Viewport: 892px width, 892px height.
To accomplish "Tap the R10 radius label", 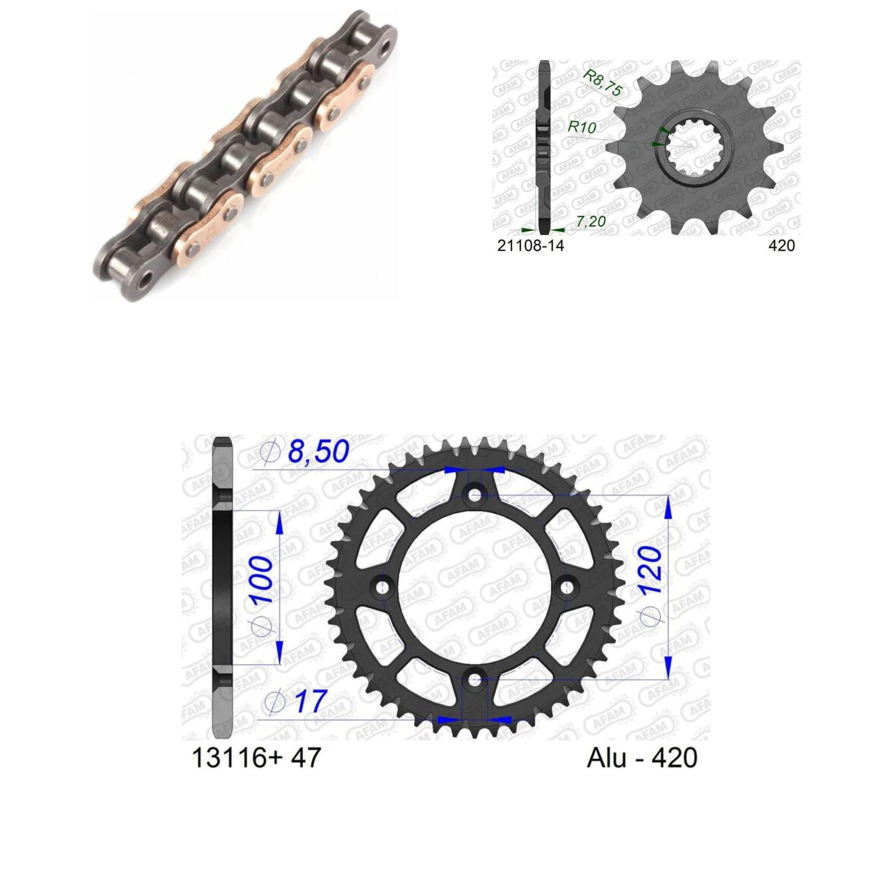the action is (x=582, y=127).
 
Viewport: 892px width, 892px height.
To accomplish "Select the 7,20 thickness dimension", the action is (x=591, y=222).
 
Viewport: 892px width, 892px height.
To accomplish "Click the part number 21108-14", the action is (x=530, y=245).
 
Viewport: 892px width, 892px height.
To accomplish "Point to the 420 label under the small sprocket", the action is (x=781, y=245).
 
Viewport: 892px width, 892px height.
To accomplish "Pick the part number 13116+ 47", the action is (x=256, y=758).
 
